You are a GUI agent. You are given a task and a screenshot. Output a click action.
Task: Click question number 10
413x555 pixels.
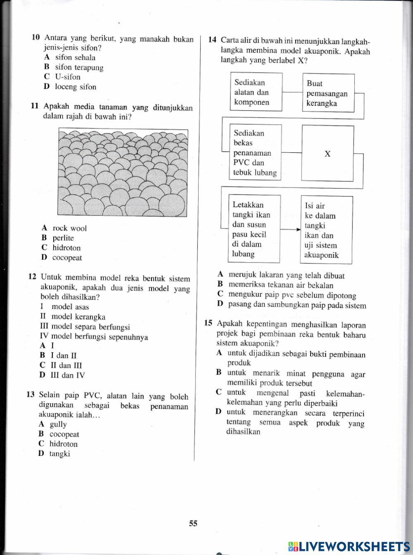point(36,38)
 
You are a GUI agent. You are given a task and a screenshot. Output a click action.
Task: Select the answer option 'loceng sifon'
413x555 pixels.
point(75,87)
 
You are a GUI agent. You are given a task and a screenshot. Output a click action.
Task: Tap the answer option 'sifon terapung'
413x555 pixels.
point(79,67)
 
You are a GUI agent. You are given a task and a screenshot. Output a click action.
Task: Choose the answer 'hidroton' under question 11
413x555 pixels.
point(66,248)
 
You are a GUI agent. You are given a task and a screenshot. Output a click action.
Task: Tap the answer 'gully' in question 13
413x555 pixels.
point(58,424)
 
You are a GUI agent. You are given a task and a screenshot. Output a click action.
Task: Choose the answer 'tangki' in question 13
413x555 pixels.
point(59,454)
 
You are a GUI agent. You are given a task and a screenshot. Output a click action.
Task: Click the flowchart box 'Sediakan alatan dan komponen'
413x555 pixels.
point(256,92)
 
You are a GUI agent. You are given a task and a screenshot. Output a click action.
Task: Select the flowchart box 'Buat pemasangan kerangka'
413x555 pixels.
point(329,93)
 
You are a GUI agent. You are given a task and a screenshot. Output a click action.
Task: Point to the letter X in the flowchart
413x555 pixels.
point(328,154)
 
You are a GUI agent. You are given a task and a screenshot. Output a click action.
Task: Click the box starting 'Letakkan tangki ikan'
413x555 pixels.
point(254,229)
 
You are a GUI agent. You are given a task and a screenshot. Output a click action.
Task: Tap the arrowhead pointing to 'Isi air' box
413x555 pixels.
point(297,230)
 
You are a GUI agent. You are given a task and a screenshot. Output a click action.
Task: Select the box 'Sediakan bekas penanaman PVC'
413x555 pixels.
point(255,153)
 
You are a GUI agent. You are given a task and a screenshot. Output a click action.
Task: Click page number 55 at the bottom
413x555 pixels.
point(193,524)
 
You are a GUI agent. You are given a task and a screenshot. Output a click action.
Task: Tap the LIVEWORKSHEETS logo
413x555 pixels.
point(349,546)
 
